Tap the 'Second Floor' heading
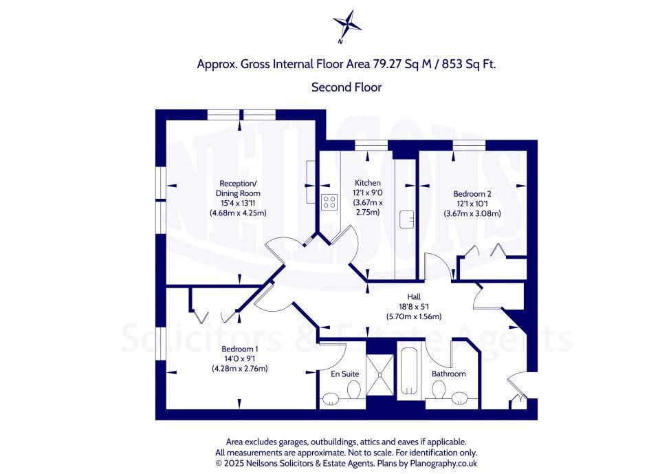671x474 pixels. [x=346, y=87]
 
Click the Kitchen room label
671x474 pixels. [x=367, y=182]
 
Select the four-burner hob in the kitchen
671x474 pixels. [x=329, y=202]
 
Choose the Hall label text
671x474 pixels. [x=413, y=297]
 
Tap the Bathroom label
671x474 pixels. [x=448, y=374]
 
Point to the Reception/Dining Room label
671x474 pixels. [x=239, y=188]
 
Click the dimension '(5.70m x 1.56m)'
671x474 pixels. [x=413, y=316]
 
